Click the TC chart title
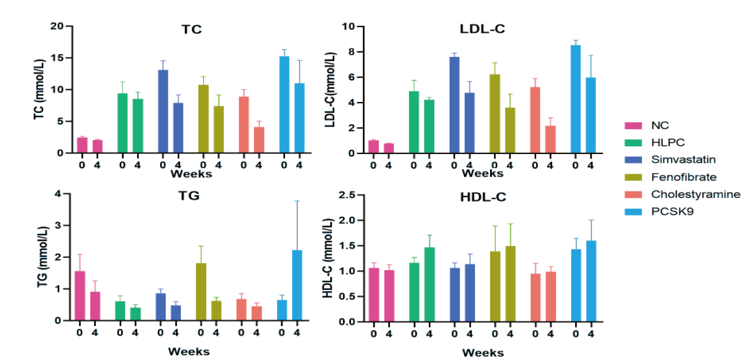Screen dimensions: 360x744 (x=192, y=30)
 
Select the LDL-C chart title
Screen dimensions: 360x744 (x=482, y=29)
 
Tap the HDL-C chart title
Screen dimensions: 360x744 (x=482, y=197)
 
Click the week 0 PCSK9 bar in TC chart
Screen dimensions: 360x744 (x=284, y=105)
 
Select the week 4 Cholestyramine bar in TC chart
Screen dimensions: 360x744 (x=259, y=140)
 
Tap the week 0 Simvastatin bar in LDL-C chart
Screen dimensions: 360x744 (x=454, y=105)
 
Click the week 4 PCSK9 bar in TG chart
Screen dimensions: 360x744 (x=297, y=285)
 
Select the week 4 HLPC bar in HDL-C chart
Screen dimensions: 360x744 (x=429, y=284)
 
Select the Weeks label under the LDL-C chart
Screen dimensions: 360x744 (x=482, y=174)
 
